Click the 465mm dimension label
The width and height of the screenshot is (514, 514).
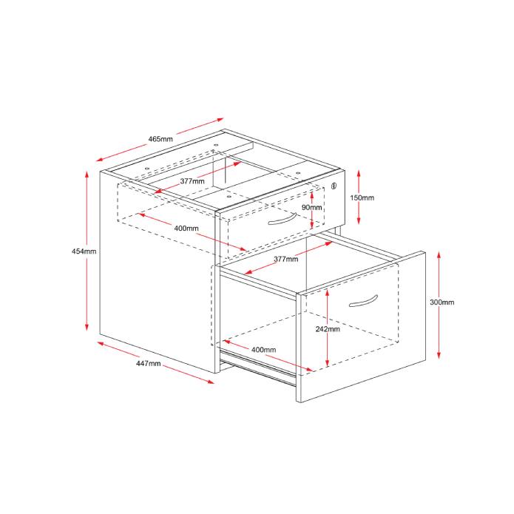tap(160, 139)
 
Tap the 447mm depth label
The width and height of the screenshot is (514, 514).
tap(149, 363)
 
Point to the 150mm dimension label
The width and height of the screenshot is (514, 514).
tap(362, 198)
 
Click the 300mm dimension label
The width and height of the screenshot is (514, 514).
tap(442, 302)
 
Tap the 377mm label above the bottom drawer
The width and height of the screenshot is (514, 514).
tap(285, 260)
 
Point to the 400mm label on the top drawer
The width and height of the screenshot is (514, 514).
tap(186, 229)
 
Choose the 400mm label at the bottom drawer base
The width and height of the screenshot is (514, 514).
tap(263, 349)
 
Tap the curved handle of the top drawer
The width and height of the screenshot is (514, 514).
tap(283, 222)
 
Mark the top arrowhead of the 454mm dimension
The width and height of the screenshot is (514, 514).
tap(87, 175)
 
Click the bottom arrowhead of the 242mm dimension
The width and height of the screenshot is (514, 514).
tap(326, 365)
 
